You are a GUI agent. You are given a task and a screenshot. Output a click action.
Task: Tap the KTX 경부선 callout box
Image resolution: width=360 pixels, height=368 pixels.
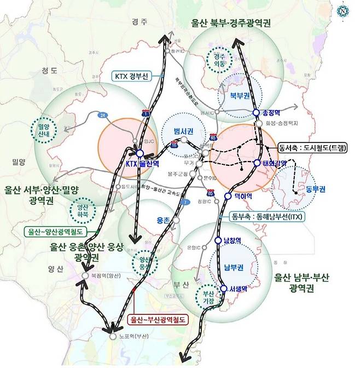pyautogui.click(x=116, y=76)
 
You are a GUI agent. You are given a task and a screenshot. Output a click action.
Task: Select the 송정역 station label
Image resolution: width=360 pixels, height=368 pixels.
pyautogui.click(x=271, y=112)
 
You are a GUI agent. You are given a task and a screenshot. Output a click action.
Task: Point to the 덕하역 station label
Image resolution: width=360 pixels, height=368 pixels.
pyautogui.click(x=242, y=196)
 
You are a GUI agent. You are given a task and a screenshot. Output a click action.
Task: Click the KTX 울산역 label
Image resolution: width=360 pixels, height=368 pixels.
pyautogui.click(x=139, y=164)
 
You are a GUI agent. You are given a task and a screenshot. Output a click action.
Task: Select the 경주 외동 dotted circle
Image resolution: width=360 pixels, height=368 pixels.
pyautogui.click(x=218, y=59)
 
